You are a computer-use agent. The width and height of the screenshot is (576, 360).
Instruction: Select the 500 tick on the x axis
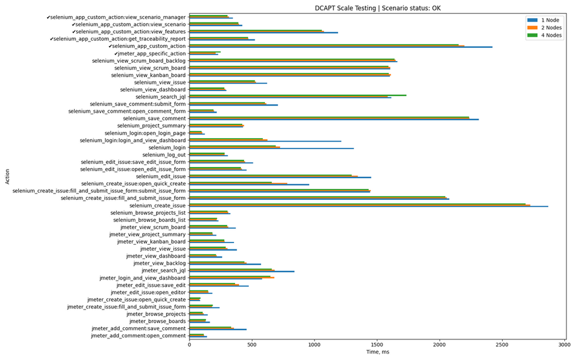pyautogui.click(x=252, y=345)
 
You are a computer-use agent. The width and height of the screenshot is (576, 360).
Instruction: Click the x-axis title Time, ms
pyautogui.click(x=378, y=353)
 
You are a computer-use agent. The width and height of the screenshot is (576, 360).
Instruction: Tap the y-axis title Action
pyautogui.click(x=7, y=176)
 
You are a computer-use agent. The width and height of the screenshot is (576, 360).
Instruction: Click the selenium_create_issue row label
pyautogui.click(x=157, y=205)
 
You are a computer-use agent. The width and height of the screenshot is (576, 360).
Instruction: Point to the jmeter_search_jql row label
pyautogui.click(x=164, y=270)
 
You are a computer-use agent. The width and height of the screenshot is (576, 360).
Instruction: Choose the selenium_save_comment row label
pyautogui.click(x=154, y=118)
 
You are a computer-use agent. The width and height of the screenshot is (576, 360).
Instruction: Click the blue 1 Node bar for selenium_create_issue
pyautogui.click(x=369, y=207)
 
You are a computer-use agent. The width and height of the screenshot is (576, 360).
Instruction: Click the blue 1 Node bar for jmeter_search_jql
pyautogui.click(x=242, y=271)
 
